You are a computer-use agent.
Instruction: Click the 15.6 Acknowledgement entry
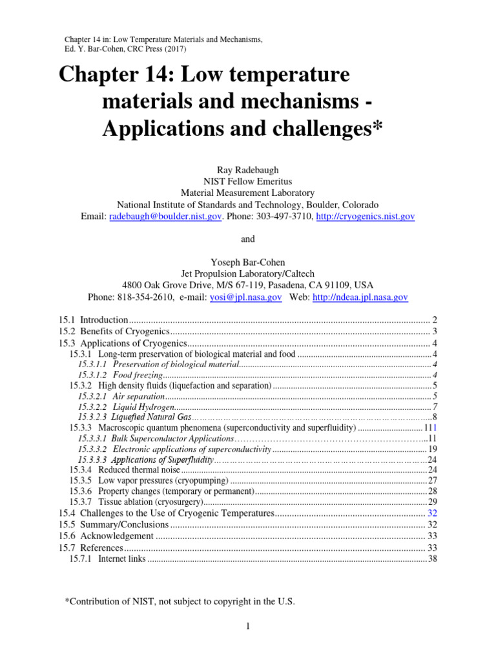tap(106, 535)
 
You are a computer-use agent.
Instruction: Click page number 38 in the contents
tap(433, 559)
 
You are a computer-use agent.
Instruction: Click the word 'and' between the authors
tap(248, 239)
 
